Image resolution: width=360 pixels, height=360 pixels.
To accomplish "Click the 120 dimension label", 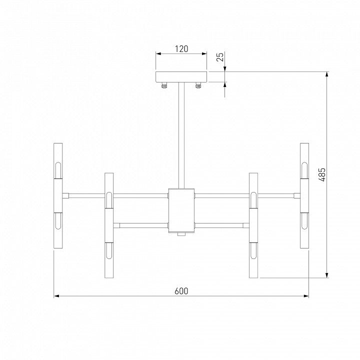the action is pyautogui.click(x=181, y=49).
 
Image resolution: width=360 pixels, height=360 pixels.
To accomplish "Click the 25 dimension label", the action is pyautogui.click(x=220, y=57).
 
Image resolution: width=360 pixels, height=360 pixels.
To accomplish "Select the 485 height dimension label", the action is pyautogui.click(x=322, y=174).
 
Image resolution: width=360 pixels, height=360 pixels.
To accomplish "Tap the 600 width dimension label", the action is pyautogui.click(x=181, y=291).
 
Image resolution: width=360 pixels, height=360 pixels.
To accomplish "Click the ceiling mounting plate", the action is pyautogui.click(x=181, y=77).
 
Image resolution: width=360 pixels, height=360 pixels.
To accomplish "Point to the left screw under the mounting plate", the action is pyautogui.click(x=164, y=85).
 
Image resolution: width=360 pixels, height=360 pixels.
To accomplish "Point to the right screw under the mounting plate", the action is pyautogui.click(x=198, y=85).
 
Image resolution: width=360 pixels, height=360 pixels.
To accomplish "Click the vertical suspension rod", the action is pyautogui.click(x=181, y=135).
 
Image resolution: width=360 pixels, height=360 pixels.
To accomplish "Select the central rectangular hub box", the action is pyautogui.click(x=181, y=210).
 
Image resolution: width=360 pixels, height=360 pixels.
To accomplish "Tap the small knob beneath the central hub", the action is pyautogui.click(x=181, y=234).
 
